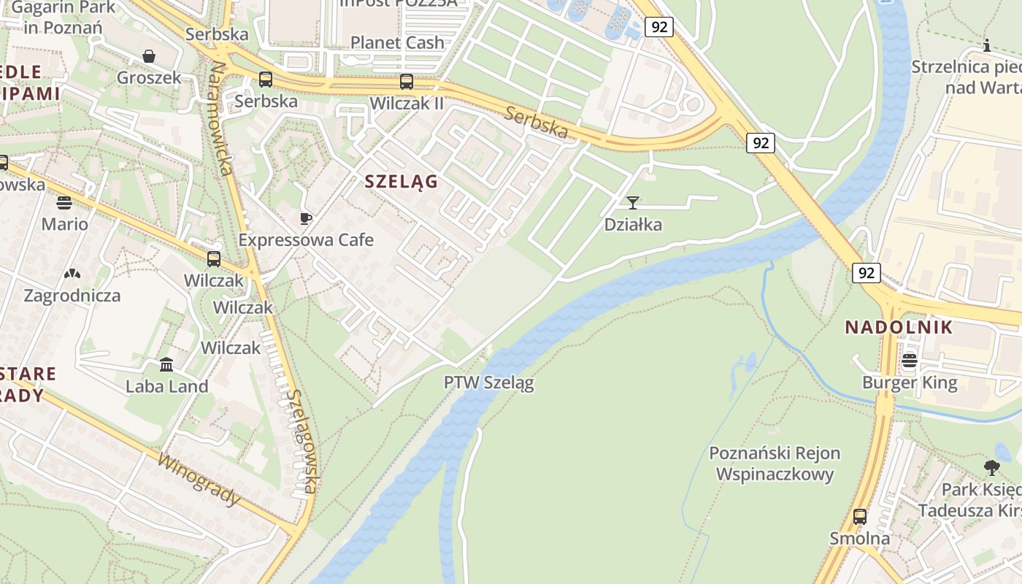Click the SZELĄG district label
point(401,182)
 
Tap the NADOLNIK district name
point(899,327)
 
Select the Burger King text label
point(910,383)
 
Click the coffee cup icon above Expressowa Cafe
point(306,218)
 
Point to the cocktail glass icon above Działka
point(633,203)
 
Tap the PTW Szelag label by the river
point(488,383)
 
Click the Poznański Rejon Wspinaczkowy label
point(775,464)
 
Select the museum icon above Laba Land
point(166,364)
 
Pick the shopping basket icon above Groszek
point(149,56)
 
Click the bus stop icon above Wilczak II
point(407,82)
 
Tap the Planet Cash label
point(397,42)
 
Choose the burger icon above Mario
point(64,202)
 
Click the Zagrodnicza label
point(72,296)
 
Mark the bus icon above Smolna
point(860,517)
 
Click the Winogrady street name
point(199,481)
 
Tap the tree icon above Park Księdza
point(991,467)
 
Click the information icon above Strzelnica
point(987,46)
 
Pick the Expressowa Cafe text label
point(306,240)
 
